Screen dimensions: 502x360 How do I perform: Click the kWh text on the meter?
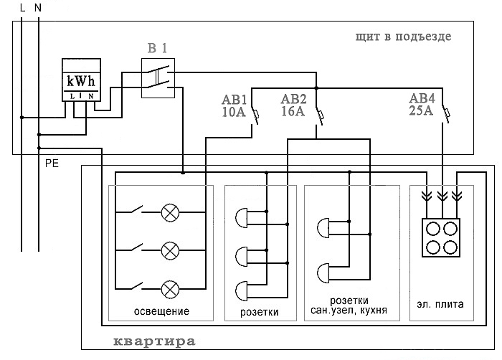81,82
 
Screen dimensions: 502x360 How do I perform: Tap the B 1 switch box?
158,78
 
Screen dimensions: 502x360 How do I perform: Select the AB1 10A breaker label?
234,106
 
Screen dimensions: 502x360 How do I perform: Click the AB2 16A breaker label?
293,105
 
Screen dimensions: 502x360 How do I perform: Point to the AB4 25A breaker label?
422,105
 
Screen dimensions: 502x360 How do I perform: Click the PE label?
52,164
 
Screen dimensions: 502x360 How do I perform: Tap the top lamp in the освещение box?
170,212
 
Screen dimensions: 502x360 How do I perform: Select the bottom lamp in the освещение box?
170,289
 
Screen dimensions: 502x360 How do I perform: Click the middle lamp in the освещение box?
170,251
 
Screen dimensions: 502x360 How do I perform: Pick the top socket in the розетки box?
242,218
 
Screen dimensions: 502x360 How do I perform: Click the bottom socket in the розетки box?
242,291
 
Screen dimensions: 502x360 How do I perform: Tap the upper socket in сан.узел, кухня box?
323,228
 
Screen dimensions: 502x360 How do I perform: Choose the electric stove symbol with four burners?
441,237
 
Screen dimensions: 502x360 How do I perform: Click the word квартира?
155,341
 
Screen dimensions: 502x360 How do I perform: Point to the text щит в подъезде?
403,37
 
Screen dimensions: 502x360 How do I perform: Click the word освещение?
161,311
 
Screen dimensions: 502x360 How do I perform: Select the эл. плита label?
440,304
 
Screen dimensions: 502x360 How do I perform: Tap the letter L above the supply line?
22,8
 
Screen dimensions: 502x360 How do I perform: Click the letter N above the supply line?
38,8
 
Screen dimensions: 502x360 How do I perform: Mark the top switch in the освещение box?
137,209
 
